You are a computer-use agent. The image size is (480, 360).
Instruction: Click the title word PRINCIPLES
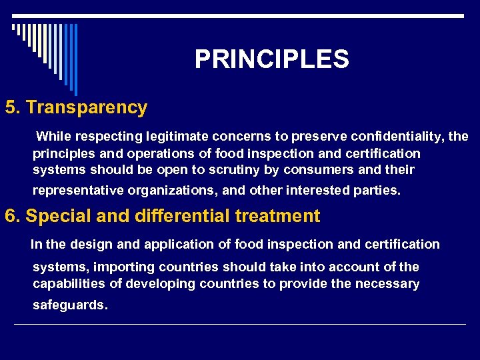click(x=271, y=60)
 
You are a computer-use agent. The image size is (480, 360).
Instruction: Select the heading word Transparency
click(x=86, y=107)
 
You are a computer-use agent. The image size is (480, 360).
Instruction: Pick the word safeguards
click(x=69, y=305)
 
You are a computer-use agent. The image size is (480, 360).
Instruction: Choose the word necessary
click(x=387, y=285)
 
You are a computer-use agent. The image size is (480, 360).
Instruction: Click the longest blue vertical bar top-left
click(x=75, y=59)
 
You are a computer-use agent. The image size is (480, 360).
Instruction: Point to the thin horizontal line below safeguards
click(x=240, y=325)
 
